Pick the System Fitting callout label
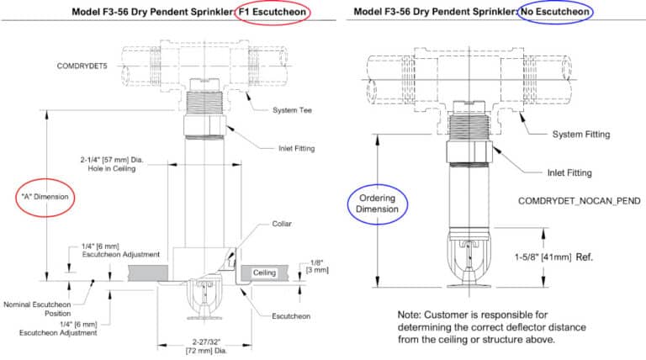pyautogui.click(x=581, y=135)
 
